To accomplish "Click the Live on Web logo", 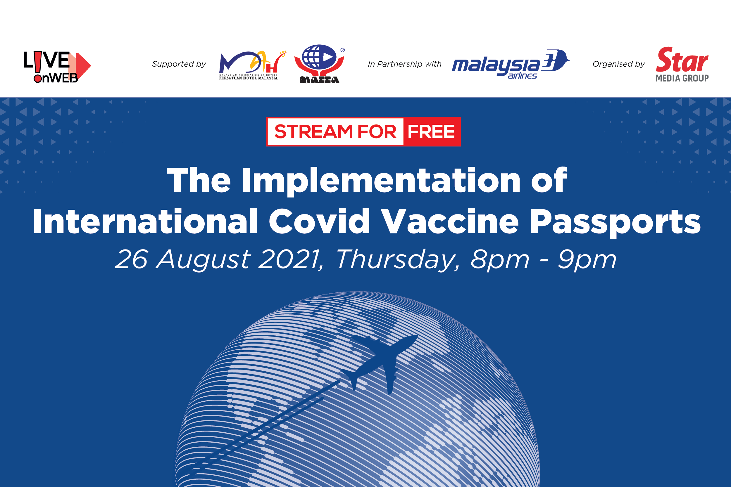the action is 57,67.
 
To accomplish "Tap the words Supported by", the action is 179,64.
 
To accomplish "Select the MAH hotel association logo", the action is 252,65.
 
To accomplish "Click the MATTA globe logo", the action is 320,64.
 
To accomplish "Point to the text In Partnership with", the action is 405,64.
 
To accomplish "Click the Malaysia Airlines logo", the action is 510,64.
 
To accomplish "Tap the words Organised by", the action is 618,64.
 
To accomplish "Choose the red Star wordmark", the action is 682,60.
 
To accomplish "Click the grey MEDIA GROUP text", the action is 682,78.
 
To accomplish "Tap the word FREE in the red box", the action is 431,132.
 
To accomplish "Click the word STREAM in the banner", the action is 313,132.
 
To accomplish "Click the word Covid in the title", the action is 320,221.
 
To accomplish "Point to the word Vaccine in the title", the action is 450,221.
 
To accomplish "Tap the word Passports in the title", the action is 615,222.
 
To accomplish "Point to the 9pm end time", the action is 587,260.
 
